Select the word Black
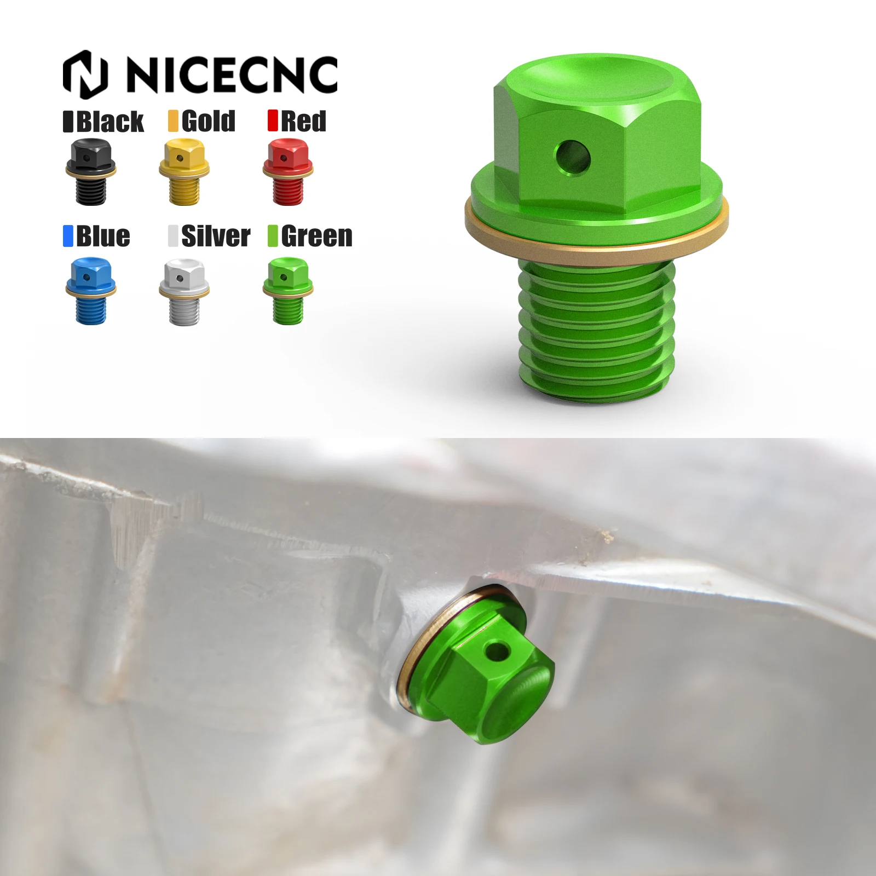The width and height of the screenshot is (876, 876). [109, 121]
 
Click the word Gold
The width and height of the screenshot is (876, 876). [208, 121]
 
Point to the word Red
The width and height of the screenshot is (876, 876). [303, 121]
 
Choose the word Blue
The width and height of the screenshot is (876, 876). [103, 236]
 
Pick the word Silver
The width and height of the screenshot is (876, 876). [215, 236]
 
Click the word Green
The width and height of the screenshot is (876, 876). [316, 236]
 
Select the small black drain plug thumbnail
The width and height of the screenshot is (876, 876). [91, 172]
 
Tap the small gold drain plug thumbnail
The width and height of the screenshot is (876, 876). [185, 172]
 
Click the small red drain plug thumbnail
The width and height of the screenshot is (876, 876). [288, 172]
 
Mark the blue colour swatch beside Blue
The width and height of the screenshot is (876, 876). [68, 236]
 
